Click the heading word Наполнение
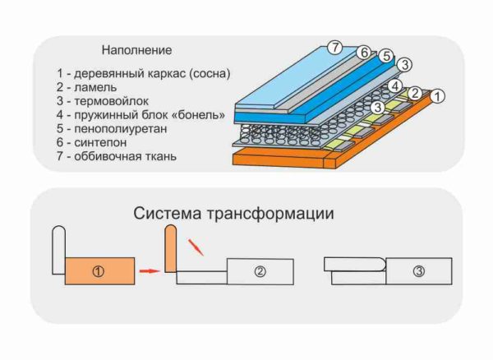pos(136,50)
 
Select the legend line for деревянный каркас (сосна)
pos(143,74)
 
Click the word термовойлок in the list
pos(111,101)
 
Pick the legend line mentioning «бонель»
pos(141,115)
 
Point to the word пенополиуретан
pos(121,129)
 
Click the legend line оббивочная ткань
pos(117,156)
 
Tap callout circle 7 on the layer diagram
pos(335,48)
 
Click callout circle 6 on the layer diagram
pos(364,53)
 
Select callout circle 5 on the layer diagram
pos(386,56)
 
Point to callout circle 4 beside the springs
pos(395,85)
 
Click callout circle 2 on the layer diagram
pos(415,94)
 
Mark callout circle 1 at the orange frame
pos(437,96)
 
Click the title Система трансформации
pos(233,214)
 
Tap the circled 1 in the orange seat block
pos(99,271)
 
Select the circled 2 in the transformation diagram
pos(260,271)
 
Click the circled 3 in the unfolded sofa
pos(419,271)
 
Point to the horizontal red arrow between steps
pos(150,270)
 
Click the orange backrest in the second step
pos(171,248)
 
